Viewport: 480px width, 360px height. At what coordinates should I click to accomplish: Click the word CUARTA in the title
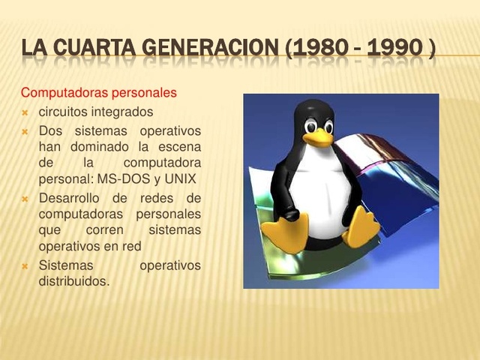94,50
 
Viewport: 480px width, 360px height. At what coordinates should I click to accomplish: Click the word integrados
123,112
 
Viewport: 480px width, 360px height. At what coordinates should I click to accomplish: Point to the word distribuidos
73,282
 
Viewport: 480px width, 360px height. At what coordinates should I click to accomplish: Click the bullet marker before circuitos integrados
25,112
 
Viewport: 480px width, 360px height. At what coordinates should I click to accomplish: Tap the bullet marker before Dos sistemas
25,130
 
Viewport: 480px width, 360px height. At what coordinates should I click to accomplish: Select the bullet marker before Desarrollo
25,199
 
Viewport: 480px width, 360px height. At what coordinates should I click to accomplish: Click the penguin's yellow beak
320,137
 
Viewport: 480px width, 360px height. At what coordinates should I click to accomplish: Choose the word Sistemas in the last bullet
65,265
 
